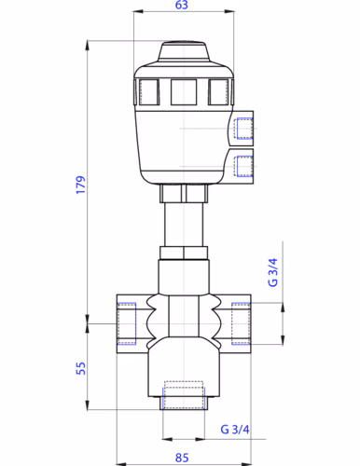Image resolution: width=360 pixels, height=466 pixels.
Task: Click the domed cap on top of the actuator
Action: [x=183, y=51]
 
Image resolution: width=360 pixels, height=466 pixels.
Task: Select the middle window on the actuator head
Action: [x=183, y=90]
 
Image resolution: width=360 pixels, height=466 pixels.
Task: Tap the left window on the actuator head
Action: [x=148, y=90]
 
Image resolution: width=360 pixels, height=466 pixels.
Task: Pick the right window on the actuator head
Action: [x=218, y=90]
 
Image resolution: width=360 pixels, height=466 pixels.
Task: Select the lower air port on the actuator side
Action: [x=242, y=166]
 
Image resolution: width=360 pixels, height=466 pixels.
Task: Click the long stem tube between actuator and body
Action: [x=183, y=224]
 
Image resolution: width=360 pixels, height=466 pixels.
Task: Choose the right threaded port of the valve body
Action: [x=240, y=323]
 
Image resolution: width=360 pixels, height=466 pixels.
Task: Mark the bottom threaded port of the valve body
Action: [x=183, y=395]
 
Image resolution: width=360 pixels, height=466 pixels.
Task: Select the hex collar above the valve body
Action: [x=183, y=253]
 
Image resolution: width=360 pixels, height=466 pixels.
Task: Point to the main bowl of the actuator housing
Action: [x=183, y=140]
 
